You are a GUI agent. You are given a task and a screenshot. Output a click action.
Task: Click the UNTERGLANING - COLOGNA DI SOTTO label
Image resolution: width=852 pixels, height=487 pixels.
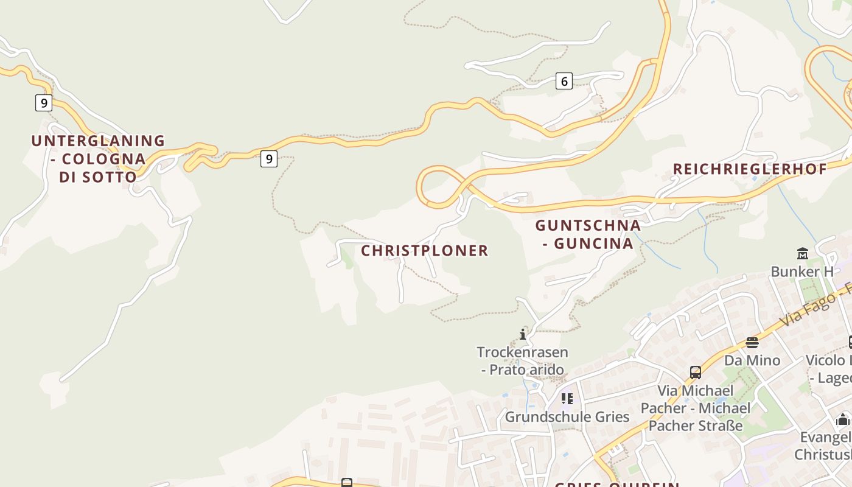point(97,158)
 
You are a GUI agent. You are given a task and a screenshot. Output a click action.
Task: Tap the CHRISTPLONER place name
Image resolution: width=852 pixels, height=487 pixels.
point(425,250)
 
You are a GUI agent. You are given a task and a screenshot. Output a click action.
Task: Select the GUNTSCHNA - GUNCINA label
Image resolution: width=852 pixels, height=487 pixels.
point(588,234)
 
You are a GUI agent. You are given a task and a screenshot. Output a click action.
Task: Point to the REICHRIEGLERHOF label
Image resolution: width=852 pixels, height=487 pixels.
point(750,169)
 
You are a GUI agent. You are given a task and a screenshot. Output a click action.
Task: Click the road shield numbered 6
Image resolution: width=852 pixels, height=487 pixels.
point(564,80)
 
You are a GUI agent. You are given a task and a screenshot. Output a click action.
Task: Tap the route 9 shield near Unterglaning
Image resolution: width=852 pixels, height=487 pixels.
point(43,103)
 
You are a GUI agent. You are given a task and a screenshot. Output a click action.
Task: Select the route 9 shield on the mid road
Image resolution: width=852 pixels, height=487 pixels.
point(268,159)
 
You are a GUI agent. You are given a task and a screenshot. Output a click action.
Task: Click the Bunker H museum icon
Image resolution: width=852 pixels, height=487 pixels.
point(802,253)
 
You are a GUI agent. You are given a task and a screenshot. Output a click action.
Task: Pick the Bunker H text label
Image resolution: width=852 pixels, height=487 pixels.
point(801,272)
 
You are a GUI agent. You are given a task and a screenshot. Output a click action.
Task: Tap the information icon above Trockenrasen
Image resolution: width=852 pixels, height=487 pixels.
point(522,334)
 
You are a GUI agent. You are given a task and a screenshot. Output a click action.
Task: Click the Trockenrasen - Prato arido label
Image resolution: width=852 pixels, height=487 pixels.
point(522,360)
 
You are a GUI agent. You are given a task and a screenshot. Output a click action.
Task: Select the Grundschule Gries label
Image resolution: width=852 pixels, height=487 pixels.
point(567,417)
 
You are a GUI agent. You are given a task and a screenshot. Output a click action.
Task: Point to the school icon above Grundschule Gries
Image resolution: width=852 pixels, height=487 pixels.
point(567,399)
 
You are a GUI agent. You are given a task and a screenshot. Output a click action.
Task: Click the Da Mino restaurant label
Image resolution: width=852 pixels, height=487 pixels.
point(752,360)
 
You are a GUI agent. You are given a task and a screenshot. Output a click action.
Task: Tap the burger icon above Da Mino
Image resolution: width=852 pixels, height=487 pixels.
point(752,342)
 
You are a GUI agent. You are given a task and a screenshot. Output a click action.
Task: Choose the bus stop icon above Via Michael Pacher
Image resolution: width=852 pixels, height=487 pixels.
point(695,372)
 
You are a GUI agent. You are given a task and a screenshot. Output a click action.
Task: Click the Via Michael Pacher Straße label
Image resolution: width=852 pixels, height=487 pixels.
point(695,407)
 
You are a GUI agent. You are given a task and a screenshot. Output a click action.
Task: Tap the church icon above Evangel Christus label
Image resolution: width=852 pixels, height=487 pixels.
point(843,419)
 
